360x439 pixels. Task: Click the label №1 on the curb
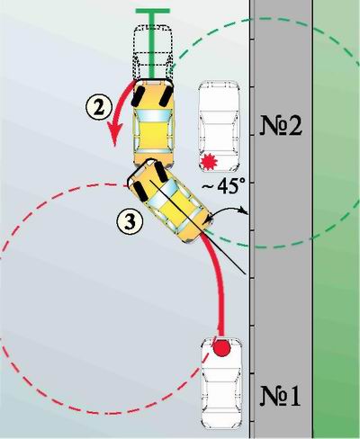[x=281, y=396]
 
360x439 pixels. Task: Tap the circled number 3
[x=130, y=222]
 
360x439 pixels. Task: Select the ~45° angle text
[x=222, y=186]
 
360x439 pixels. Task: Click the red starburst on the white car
[x=209, y=161]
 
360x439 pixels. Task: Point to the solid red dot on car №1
[x=221, y=348]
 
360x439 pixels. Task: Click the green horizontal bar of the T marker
[x=153, y=11]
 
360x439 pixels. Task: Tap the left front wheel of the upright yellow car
[x=138, y=95]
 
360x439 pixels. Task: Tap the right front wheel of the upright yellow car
[x=166, y=95]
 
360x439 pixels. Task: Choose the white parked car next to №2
[x=219, y=126]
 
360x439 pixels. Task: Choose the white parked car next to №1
[x=221, y=384]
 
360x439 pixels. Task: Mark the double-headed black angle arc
[x=228, y=209]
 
